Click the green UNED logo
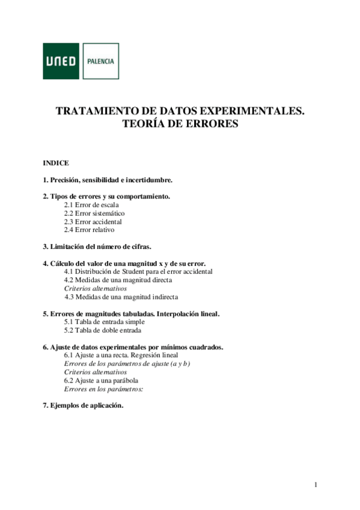pos(61,61)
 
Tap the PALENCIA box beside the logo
pos(100,61)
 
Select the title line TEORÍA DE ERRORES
pos(180,124)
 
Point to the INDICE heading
pos(56,163)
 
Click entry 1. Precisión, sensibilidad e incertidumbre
pos(108,180)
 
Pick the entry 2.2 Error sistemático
pos(94,213)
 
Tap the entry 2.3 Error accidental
pos(93,221)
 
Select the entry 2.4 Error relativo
pos(89,230)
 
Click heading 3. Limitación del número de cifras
pos(97,246)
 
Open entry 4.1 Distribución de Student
pos(138,271)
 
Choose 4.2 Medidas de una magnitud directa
pos(118,280)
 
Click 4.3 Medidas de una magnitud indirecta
pos(121,296)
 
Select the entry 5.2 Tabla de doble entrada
pos(103,330)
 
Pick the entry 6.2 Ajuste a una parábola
pos(102,381)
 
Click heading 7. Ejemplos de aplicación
pos(83,405)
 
